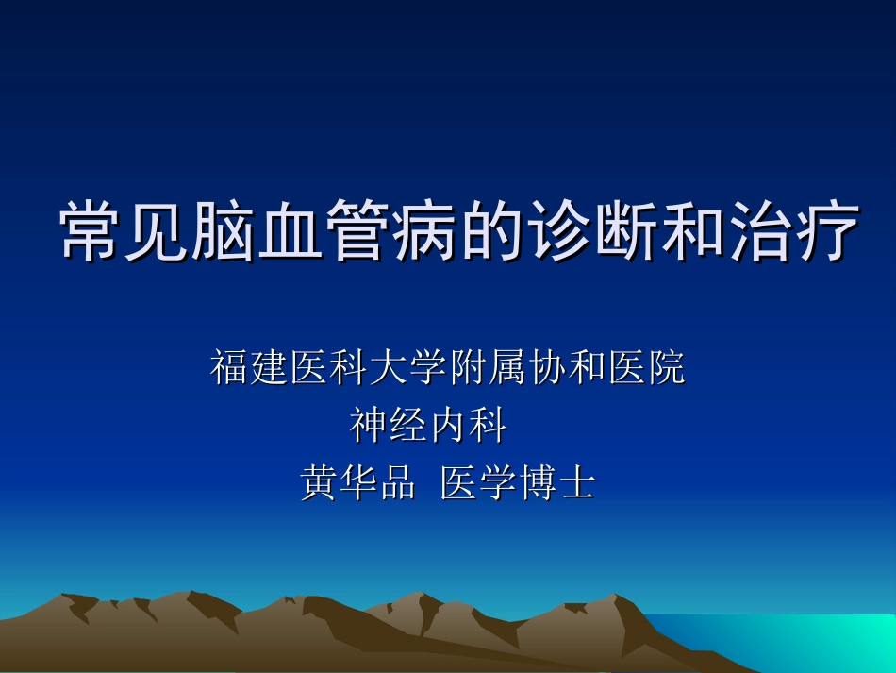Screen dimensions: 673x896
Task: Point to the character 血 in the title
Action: pyautogui.click(x=293, y=231)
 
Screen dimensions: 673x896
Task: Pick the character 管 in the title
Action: pyautogui.click(x=360, y=231)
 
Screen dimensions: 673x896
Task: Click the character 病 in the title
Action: pyautogui.click(x=427, y=231)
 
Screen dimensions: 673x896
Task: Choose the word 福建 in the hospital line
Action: pyautogui.click(x=249, y=368)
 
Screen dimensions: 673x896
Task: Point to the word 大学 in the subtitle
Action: pyautogui.click(x=407, y=368)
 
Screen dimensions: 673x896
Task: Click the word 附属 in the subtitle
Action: pyautogui.click(x=487, y=368)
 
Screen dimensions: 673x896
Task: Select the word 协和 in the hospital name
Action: pyautogui.click(x=566, y=368)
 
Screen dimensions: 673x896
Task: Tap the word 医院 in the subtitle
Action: pyautogui.click(x=646, y=368)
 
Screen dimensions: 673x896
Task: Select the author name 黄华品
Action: pyautogui.click(x=358, y=483)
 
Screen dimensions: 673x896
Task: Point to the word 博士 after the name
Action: pyautogui.click(x=556, y=483)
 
